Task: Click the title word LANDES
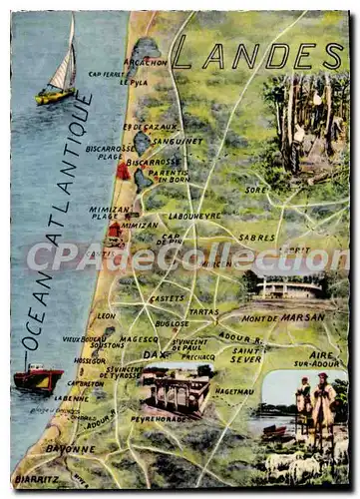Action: (x=257, y=58)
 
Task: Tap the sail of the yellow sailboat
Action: (x=64, y=68)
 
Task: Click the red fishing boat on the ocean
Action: (x=38, y=378)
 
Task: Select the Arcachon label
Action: (x=147, y=62)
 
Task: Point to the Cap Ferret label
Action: (x=107, y=74)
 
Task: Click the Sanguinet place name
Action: (x=178, y=141)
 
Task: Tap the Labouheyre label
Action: (x=194, y=216)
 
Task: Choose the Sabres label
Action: (x=256, y=238)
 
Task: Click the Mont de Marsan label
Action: (x=283, y=317)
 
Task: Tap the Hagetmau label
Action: (x=234, y=391)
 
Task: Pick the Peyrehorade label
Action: (x=160, y=419)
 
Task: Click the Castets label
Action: (x=167, y=298)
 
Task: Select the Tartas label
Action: (x=203, y=311)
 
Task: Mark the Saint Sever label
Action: (x=246, y=355)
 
